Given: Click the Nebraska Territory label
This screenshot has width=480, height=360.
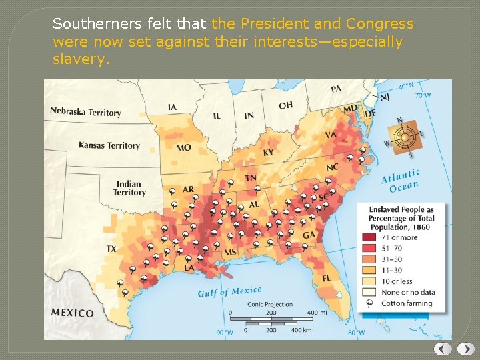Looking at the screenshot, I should [86, 112].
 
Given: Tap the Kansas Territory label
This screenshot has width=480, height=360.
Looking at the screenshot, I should [109, 145].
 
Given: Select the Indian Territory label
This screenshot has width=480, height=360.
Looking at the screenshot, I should [129, 188].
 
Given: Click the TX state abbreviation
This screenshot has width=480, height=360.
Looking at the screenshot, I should [111, 249].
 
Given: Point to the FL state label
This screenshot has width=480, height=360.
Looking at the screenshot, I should [327, 278].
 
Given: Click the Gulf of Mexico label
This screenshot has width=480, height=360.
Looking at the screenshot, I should [230, 291].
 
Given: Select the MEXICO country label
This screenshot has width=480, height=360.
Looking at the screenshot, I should [73, 313].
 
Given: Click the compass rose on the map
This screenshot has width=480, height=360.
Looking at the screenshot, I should [404, 138].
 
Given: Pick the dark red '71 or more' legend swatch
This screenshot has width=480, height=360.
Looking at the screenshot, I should [369, 237].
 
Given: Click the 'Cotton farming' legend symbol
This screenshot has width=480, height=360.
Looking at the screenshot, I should [369, 303].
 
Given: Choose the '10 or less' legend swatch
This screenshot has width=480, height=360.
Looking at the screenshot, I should [369, 281].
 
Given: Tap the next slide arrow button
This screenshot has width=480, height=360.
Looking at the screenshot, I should [467, 349].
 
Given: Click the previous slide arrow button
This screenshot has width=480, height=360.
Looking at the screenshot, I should [443, 349].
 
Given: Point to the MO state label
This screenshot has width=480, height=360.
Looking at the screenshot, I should [183, 148].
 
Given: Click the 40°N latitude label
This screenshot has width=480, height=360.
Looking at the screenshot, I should [406, 86].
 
